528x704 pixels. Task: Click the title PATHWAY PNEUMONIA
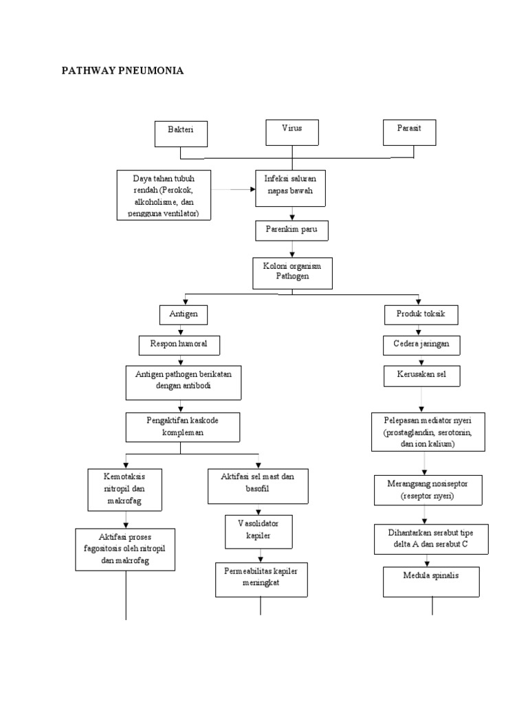point(123,71)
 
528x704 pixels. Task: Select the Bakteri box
point(179,133)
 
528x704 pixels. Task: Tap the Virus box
point(292,132)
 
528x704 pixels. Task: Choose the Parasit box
point(409,132)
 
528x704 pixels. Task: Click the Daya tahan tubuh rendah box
point(164,196)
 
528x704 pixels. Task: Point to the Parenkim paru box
point(291,230)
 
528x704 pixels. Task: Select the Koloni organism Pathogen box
point(292,273)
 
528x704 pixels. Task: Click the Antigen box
point(183,314)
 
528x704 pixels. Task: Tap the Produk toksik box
point(421,314)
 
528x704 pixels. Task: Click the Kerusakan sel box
point(421,375)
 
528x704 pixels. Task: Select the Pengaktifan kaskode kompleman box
point(182,427)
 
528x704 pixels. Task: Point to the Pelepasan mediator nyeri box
point(428,432)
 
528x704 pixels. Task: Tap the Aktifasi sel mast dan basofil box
point(258,486)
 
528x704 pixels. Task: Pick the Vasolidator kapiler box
point(258,529)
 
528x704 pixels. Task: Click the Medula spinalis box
point(431,582)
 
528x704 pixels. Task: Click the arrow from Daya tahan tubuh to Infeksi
point(234,188)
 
